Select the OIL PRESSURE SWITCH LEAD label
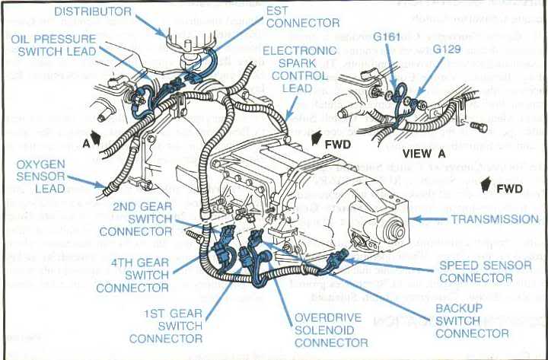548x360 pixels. [56, 45]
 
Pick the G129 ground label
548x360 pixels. [447, 49]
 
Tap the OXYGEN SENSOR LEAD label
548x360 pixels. [40, 177]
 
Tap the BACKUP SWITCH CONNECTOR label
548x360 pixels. [472, 320]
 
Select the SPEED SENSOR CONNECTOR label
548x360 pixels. [476, 272]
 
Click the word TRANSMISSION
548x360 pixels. [495, 219]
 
